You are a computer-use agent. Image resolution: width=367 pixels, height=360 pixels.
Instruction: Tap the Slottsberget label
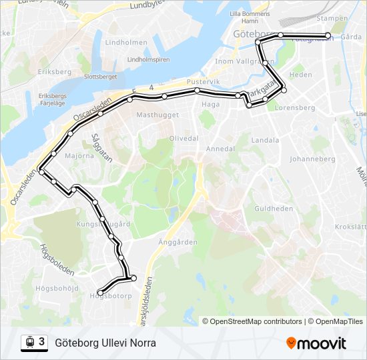coord(100,77)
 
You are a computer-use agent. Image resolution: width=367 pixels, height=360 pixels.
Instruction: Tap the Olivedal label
coord(184,138)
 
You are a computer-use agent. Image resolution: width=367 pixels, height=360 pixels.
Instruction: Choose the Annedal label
coord(220,149)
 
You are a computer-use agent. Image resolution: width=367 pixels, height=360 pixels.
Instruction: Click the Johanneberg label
coord(312,159)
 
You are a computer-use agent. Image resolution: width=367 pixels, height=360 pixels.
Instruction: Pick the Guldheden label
coord(274,209)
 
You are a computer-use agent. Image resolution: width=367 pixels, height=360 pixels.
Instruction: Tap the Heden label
coord(300,75)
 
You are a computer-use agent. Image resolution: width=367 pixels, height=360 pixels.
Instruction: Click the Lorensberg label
coord(294,107)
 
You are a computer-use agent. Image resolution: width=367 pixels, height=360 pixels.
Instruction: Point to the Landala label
coord(266,141)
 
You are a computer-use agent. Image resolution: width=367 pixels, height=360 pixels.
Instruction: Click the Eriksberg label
coord(54,71)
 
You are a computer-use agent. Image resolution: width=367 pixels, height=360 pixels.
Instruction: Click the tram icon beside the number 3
coord(30,343)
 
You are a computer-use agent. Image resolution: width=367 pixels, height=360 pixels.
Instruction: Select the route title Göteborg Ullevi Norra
coord(105,343)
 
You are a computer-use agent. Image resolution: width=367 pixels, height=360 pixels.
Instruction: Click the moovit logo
coord(316,343)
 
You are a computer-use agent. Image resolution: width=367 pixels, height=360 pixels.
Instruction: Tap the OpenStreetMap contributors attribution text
coord(256,321)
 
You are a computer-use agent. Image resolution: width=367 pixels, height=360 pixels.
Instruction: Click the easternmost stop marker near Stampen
coord(328,35)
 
